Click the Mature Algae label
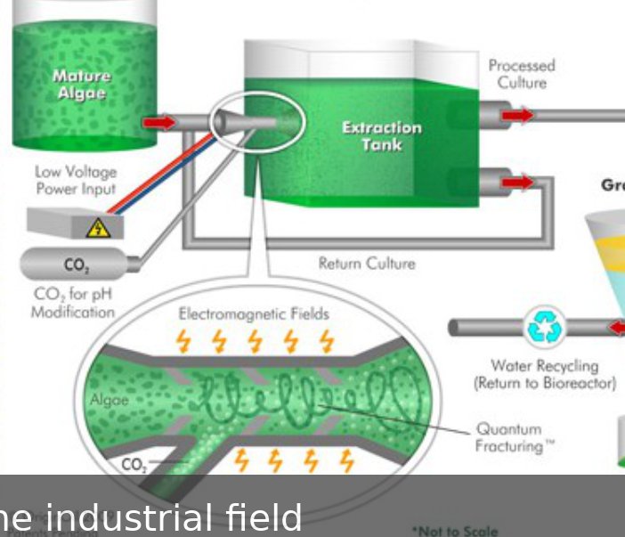click(81, 85)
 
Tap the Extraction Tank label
click(381, 135)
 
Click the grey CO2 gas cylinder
click(76, 264)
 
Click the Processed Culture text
click(521, 74)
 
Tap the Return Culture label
click(366, 264)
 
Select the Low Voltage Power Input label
click(75, 180)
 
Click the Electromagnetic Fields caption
click(254, 313)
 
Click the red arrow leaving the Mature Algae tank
click(160, 121)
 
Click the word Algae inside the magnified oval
click(110, 402)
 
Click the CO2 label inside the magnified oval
click(134, 463)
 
